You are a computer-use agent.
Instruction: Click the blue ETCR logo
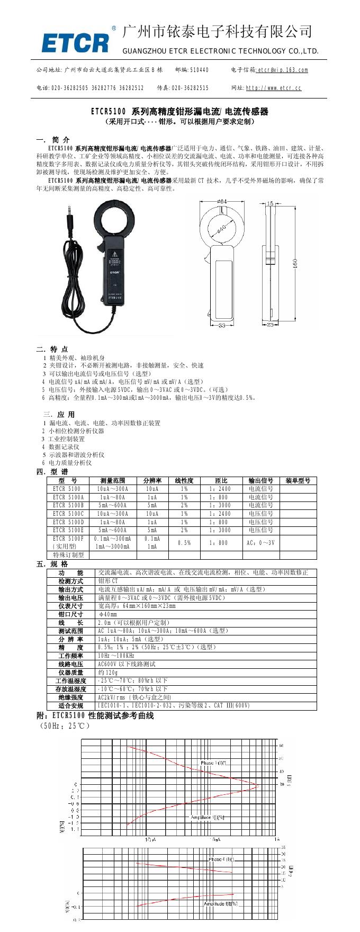[76, 42]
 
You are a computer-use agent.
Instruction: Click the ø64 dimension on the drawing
[223, 201]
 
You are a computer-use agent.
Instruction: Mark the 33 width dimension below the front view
[222, 325]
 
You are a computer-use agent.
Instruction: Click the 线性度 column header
[184, 481]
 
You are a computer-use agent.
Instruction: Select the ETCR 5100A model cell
[68, 497]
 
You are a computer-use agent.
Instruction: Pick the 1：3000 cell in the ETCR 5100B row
[220, 505]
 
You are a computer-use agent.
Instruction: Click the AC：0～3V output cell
[260, 543]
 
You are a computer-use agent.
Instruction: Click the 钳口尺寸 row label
[71, 614]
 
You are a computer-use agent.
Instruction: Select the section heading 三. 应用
[59, 414]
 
